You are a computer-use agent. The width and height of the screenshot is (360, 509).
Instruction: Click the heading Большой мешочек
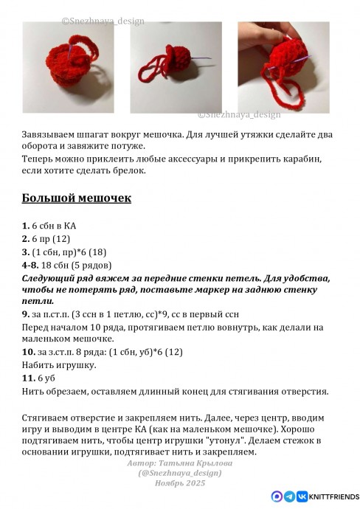point(77,198)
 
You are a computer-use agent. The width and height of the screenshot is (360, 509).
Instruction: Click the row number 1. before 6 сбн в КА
point(26,225)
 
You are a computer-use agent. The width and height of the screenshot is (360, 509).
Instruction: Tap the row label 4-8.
point(30,265)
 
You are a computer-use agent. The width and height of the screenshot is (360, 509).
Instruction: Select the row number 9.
point(26,314)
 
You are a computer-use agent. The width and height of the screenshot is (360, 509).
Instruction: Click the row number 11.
point(28,378)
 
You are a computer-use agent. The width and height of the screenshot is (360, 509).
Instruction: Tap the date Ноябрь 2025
point(180,482)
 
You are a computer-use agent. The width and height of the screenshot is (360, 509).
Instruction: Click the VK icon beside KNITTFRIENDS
point(302,497)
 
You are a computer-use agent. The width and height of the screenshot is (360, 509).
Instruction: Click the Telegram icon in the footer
point(289,497)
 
